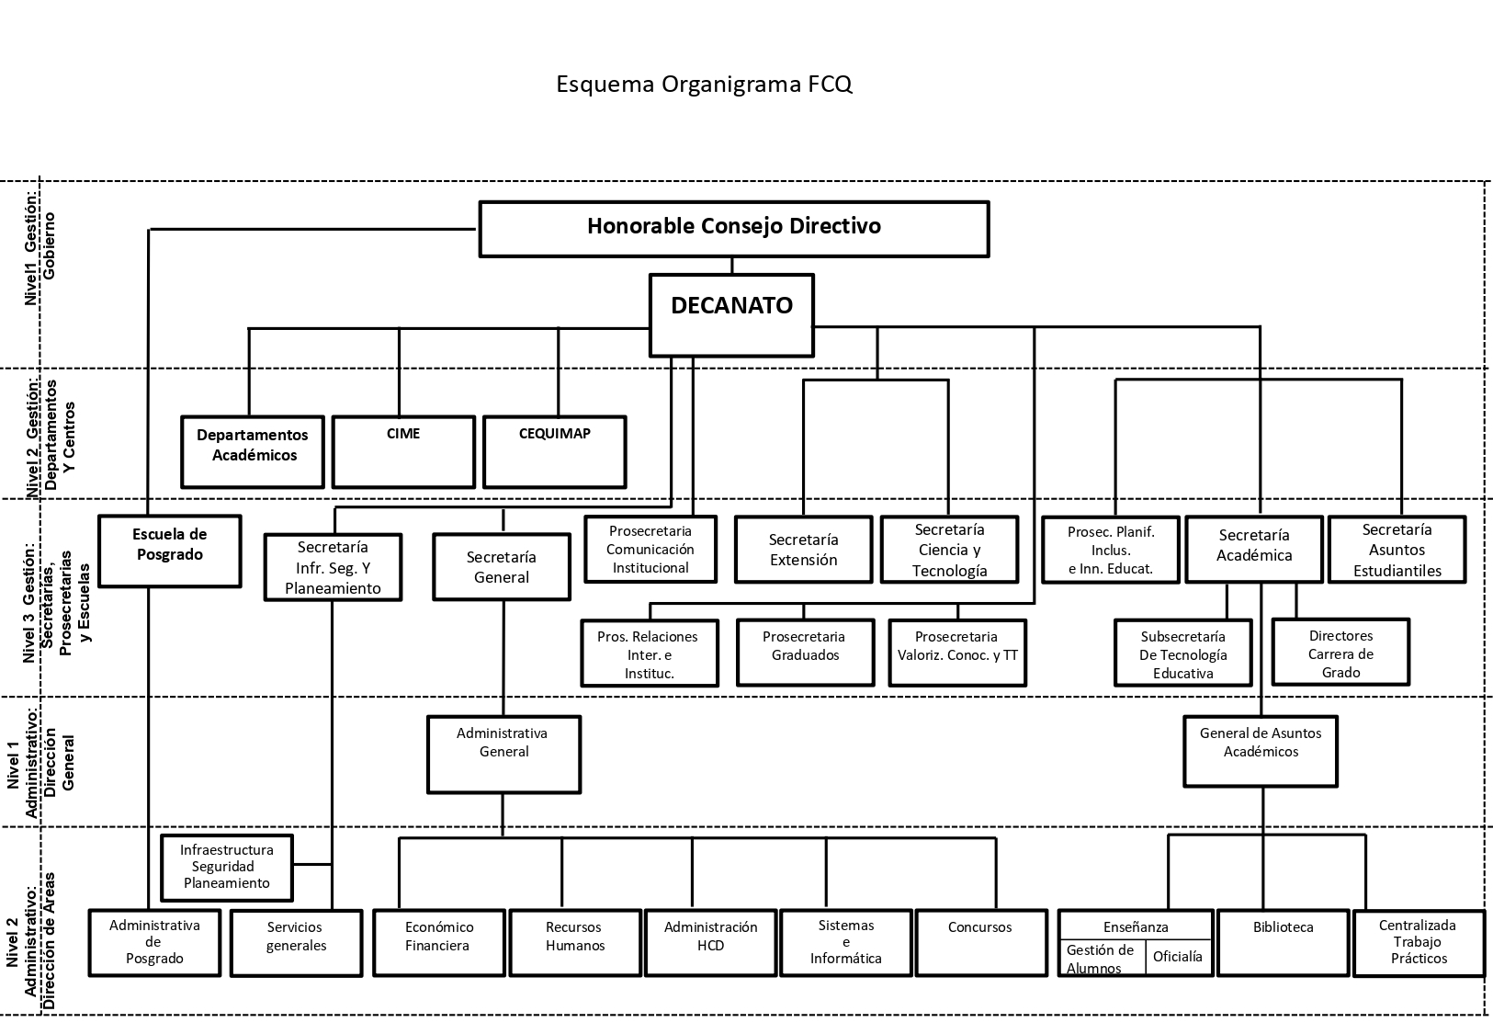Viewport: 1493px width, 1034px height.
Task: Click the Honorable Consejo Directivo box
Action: [734, 229]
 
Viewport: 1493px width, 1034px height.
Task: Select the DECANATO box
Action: [732, 314]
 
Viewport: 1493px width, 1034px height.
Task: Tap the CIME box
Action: [403, 452]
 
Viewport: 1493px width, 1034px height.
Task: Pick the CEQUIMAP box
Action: [555, 452]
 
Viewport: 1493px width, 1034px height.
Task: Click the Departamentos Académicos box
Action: [253, 452]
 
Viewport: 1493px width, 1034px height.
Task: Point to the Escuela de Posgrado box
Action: [170, 551]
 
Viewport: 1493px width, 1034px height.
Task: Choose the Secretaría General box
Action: [502, 567]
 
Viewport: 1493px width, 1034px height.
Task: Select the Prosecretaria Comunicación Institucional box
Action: [650, 550]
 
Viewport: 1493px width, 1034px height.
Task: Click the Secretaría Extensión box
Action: [804, 550]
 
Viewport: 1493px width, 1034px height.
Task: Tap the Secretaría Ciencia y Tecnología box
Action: [950, 550]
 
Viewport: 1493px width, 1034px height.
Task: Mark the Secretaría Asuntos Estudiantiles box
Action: [1397, 550]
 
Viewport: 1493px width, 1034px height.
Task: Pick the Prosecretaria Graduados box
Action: [805, 653]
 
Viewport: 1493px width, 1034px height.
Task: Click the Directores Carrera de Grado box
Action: [1341, 652]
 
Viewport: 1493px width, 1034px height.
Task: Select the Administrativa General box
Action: [503, 755]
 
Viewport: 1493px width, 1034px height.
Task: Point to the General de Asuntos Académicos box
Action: [1261, 751]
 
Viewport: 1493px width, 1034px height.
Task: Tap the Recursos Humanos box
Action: [575, 943]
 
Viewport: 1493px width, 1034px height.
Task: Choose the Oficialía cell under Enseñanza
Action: [1179, 958]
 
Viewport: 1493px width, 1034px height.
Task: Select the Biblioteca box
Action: [1283, 943]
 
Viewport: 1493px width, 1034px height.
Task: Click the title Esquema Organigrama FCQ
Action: [704, 85]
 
